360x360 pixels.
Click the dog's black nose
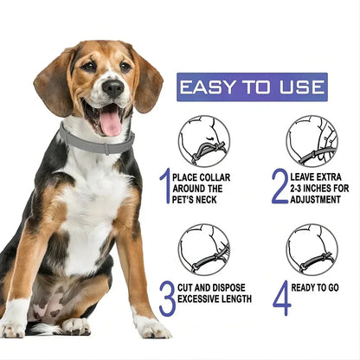click(x=112, y=87)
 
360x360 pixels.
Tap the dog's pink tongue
click(x=111, y=121)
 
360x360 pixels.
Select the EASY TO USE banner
click(x=252, y=87)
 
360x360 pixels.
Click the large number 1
click(x=164, y=186)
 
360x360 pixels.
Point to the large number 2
click(x=279, y=186)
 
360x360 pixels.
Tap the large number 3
click(x=166, y=298)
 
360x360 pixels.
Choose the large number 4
click(x=281, y=298)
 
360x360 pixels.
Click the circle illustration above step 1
click(x=203, y=141)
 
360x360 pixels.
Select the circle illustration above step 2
click(x=312, y=141)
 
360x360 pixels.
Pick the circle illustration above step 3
click(x=203, y=249)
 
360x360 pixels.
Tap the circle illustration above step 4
click(x=312, y=249)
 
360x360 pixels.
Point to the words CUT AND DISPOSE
click(x=213, y=287)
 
